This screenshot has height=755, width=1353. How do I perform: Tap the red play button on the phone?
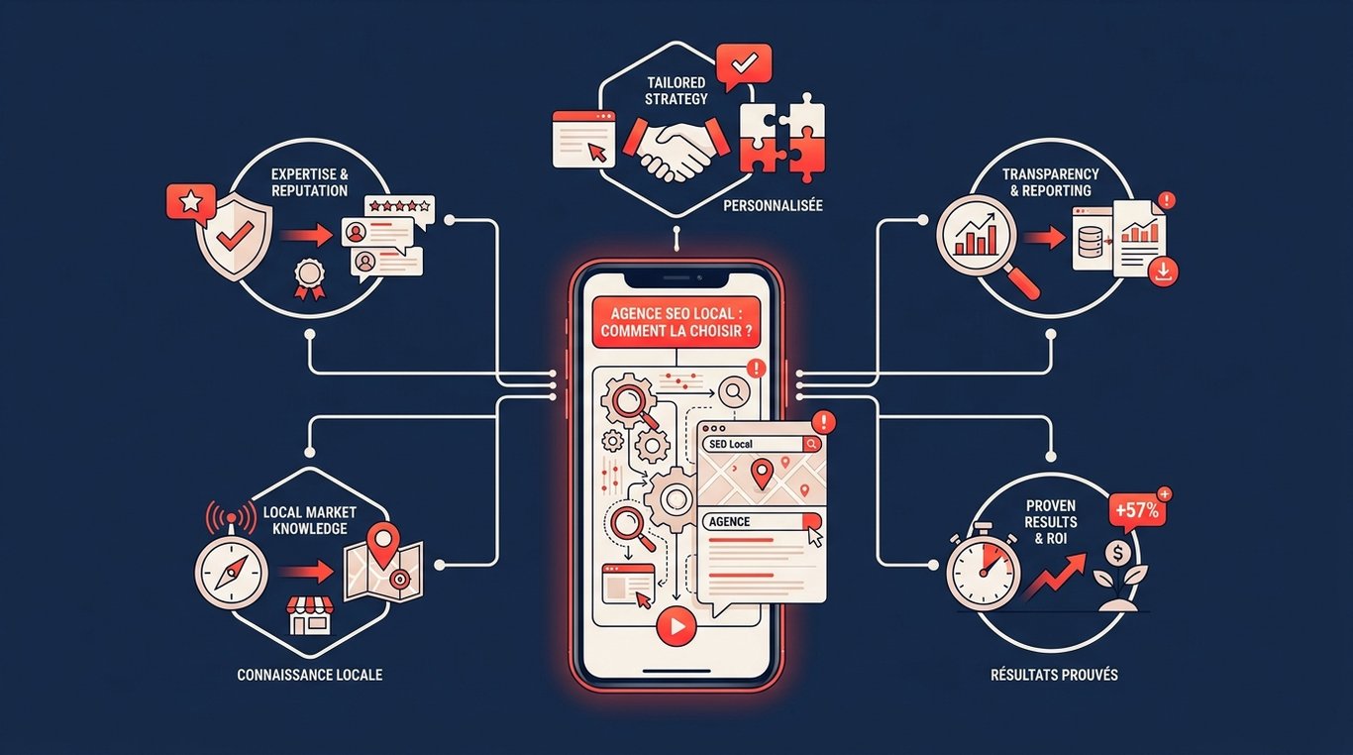pyautogui.click(x=676, y=626)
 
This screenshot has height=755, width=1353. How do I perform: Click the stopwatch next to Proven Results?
pyautogui.click(x=983, y=568)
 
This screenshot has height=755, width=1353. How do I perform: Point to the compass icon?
pyautogui.click(x=231, y=570)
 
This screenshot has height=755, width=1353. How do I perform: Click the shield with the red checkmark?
pyautogui.click(x=235, y=236)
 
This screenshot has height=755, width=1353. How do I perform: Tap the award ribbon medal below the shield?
pyautogui.click(x=309, y=279)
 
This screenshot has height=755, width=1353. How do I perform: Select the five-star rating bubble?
pyautogui.click(x=399, y=209)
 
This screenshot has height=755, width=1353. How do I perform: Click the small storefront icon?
pyautogui.click(x=309, y=615)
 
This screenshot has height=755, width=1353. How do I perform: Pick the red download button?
pyautogui.click(x=1163, y=271)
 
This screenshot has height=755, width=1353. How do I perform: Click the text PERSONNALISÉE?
pyautogui.click(x=773, y=206)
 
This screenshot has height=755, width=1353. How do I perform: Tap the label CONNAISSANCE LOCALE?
pyautogui.click(x=309, y=675)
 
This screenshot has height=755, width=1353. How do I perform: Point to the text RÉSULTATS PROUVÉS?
pyautogui.click(x=1054, y=675)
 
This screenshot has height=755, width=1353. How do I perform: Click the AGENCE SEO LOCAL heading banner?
pyautogui.click(x=676, y=322)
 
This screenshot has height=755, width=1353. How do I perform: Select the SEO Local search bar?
pyautogui.click(x=762, y=444)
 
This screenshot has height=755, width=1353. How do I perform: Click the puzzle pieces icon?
pyautogui.click(x=782, y=139)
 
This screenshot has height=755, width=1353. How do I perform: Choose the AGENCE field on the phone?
pyautogui.click(x=762, y=522)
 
